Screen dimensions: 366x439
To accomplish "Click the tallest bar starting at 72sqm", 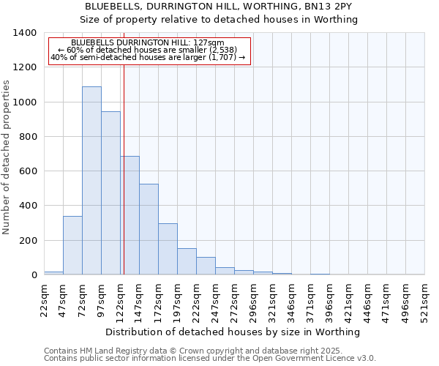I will tap(91, 180).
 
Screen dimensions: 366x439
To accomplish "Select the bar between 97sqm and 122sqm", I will tap(110, 193).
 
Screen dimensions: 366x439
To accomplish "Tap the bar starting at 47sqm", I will tap(72, 245).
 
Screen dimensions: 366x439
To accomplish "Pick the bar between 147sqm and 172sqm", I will tap(149, 229).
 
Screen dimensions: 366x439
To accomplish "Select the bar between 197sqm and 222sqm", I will tap(187, 261).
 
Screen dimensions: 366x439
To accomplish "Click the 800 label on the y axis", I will tap(27, 137).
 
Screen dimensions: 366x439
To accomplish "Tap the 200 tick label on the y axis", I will tap(27, 241).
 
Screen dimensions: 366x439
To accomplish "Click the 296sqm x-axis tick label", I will tap(253, 299).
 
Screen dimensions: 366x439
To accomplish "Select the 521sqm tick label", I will tap(424, 299).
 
